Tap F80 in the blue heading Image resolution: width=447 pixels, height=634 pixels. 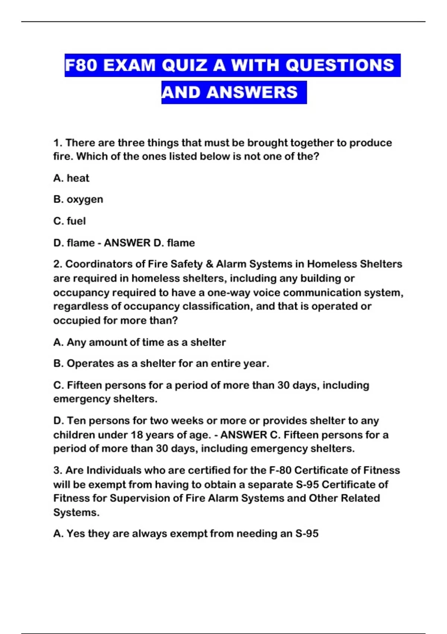(x=81, y=65)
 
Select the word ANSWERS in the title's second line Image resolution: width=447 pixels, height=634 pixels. (x=252, y=92)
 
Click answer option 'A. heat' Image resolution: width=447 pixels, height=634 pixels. (x=71, y=178)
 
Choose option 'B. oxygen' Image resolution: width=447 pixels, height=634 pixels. (x=78, y=200)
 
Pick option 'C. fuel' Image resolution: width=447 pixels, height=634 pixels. (x=69, y=221)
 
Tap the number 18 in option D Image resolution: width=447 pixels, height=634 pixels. (x=137, y=435)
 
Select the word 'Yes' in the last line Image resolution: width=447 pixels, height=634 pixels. (x=76, y=534)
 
